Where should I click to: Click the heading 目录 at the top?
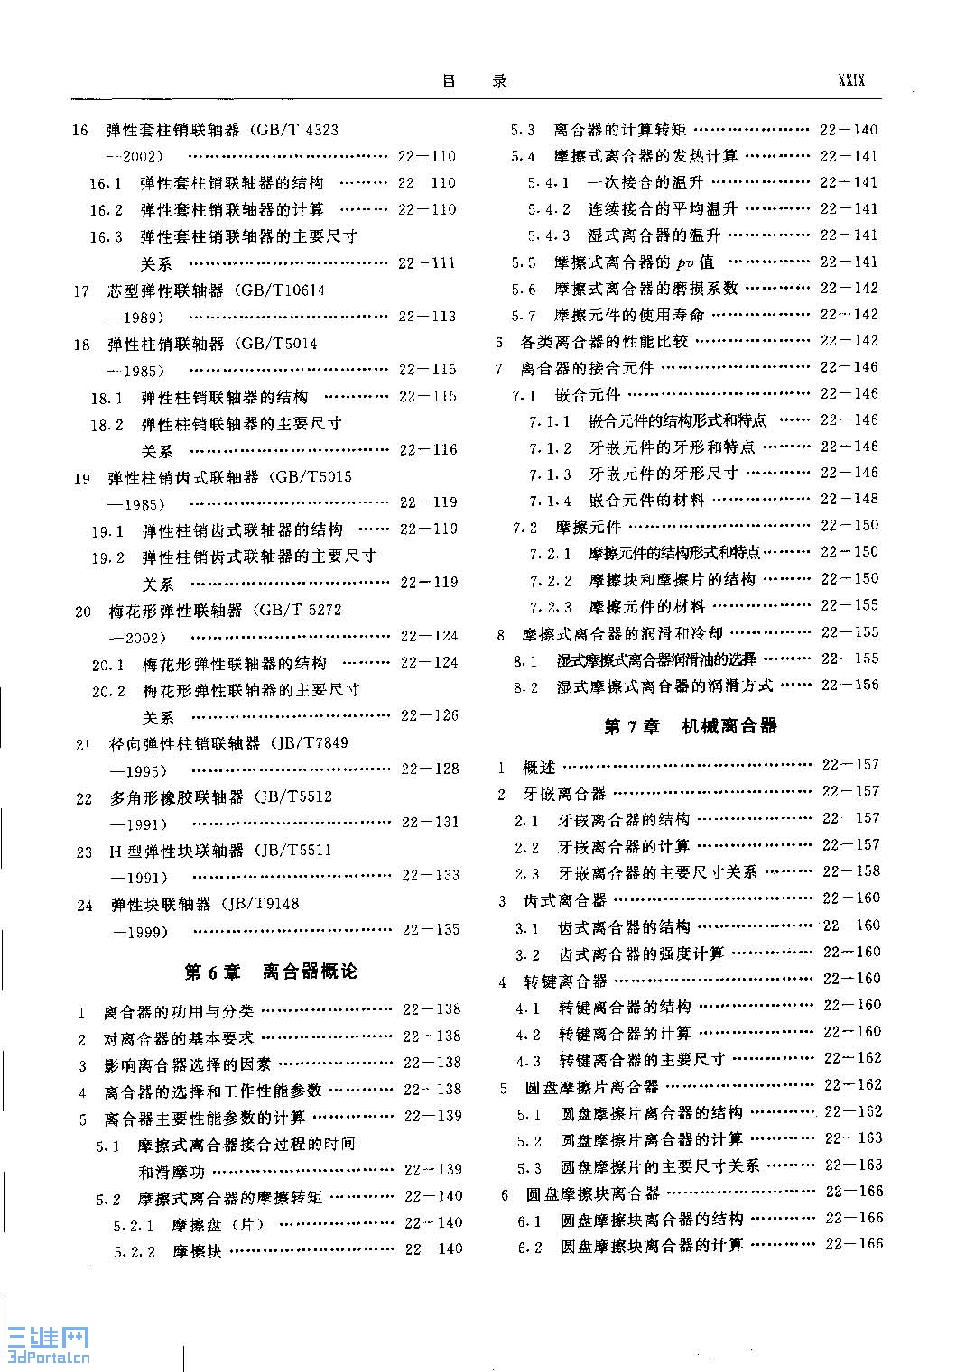(x=475, y=81)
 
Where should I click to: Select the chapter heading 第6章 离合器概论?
(x=271, y=971)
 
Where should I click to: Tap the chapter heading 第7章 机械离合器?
(x=690, y=726)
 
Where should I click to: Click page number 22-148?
(x=849, y=499)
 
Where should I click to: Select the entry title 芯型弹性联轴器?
(x=165, y=291)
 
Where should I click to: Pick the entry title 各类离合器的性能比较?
(x=604, y=342)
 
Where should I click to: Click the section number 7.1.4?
(x=550, y=501)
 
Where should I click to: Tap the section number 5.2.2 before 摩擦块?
(x=135, y=1252)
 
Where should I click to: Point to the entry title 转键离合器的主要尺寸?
(x=641, y=1060)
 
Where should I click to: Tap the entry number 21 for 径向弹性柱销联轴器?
(x=84, y=745)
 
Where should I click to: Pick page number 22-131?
(x=430, y=823)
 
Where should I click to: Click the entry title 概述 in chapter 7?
(x=539, y=767)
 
